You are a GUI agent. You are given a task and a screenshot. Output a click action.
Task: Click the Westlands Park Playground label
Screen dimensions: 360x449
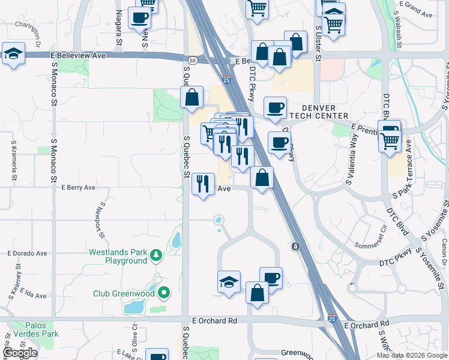tap(118, 256)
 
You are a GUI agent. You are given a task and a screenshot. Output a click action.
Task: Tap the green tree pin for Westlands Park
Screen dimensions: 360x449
tap(156, 256)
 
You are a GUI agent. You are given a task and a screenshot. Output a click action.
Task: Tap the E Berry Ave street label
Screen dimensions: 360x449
tap(78, 187)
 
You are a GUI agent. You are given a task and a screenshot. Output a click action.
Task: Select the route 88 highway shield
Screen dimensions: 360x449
tap(191, 61)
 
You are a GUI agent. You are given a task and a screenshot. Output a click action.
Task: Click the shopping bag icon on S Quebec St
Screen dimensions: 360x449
tap(191, 98)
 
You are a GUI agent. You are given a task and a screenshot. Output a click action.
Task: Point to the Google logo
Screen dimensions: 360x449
tap(20, 353)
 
